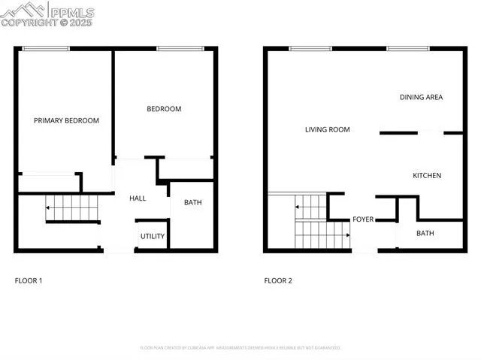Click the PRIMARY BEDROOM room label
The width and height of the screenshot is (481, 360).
pyautogui.click(x=66, y=120)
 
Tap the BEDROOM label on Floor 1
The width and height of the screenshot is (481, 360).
pyautogui.click(x=164, y=109)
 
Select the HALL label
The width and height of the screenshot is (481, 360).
pyautogui.click(x=138, y=198)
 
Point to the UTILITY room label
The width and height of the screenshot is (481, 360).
pyautogui.click(x=152, y=236)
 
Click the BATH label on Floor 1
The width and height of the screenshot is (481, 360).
pyautogui.click(x=192, y=202)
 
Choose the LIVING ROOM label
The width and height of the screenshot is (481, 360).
pyautogui.click(x=327, y=129)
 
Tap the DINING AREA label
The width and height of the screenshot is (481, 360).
pyautogui.click(x=421, y=97)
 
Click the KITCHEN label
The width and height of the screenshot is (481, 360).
pyautogui.click(x=427, y=176)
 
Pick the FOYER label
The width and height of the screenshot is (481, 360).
pyautogui.click(x=364, y=219)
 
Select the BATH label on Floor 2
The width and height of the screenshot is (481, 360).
pyautogui.click(x=425, y=234)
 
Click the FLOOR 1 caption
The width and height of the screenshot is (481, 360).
pyautogui.click(x=29, y=281)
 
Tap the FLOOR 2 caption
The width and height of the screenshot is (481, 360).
pyautogui.click(x=278, y=281)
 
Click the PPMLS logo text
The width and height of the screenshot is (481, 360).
pyautogui.click(x=72, y=11)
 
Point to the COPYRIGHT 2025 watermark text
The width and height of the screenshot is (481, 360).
pyautogui.click(x=47, y=23)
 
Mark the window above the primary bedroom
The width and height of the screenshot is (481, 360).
pyautogui.click(x=46, y=49)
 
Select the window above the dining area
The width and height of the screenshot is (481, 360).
pyautogui.click(x=408, y=49)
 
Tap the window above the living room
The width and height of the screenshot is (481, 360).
pyautogui.click(x=310, y=49)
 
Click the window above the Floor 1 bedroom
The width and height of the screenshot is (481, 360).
pyautogui.click(x=180, y=49)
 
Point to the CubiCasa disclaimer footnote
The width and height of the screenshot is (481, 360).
pyautogui.click(x=240, y=348)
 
